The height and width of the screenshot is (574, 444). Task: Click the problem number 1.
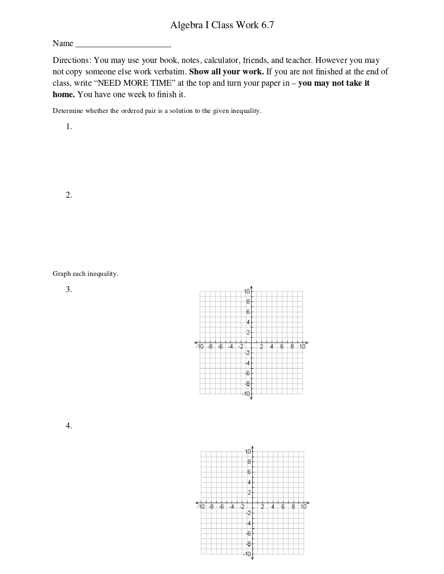[69, 127]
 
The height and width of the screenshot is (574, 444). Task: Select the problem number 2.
[69, 195]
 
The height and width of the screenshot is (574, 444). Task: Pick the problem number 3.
[69, 289]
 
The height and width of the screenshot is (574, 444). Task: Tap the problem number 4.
[69, 426]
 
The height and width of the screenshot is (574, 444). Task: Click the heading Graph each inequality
[85, 274]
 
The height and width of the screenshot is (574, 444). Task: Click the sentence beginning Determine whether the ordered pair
[157, 111]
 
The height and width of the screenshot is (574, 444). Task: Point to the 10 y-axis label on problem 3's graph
[247, 292]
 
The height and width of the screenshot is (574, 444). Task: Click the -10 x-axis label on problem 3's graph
[200, 346]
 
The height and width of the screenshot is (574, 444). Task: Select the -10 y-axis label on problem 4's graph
[247, 553]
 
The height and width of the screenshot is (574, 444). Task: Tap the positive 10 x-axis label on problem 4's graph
[303, 507]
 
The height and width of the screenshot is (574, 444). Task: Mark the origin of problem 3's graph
[252, 343]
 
